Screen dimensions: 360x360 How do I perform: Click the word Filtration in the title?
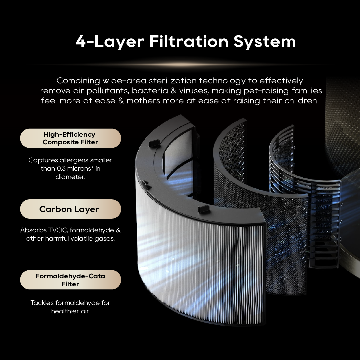click(x=189, y=41)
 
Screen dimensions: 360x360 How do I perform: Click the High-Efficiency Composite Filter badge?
click(x=70, y=138)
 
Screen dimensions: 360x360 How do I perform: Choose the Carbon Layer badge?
click(x=70, y=209)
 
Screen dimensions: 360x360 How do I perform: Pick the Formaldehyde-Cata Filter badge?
click(x=70, y=280)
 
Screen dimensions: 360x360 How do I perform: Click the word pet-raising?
click(x=266, y=91)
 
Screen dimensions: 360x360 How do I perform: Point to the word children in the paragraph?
click(x=302, y=101)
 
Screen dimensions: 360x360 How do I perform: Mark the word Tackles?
click(x=42, y=303)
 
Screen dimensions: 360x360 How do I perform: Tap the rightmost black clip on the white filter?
click(x=203, y=209)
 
